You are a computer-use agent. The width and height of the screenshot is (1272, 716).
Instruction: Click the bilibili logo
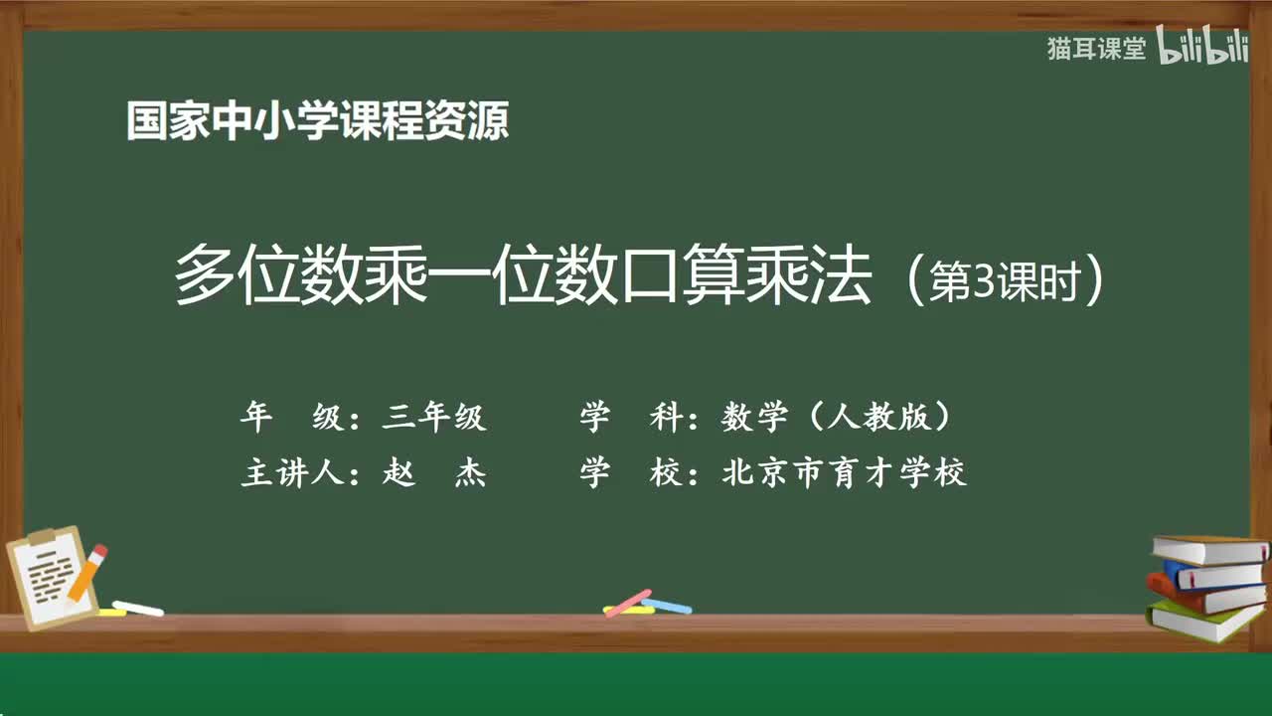coord(1203,49)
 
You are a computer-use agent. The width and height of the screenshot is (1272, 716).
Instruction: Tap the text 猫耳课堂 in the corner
coord(1096,49)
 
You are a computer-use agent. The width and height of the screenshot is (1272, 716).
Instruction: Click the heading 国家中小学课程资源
coord(317,122)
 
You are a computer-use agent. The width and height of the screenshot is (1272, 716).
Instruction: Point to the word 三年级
coord(434,418)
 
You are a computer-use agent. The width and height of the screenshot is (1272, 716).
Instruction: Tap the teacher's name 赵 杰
coord(434,473)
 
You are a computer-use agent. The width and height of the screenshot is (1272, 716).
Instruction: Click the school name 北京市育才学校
coord(844,473)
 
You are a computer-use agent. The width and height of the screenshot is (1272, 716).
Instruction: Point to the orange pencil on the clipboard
coord(87,573)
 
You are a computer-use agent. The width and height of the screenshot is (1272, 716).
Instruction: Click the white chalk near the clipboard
coord(137,608)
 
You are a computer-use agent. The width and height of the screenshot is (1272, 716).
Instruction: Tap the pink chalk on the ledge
coord(628,603)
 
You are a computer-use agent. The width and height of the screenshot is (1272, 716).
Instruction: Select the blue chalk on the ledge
coord(667,605)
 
